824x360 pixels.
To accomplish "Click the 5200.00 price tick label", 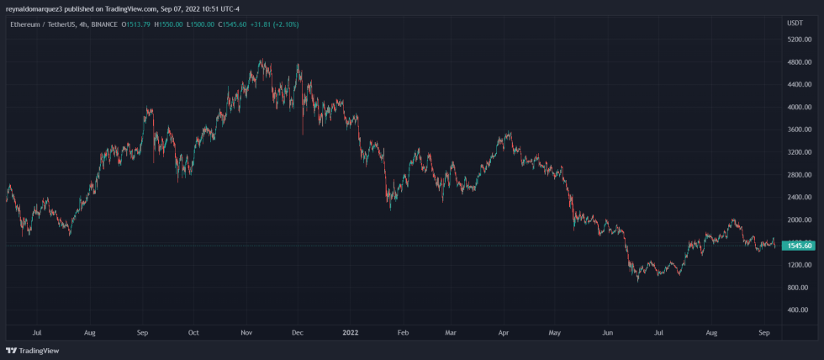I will click(798, 40).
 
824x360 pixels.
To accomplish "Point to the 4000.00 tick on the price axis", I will click(798, 108).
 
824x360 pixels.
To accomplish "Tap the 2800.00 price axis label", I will click(798, 175).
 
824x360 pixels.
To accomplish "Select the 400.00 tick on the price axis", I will click(798, 310).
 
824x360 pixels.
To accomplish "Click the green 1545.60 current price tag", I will click(798, 246).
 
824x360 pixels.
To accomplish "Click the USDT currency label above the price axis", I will click(794, 24).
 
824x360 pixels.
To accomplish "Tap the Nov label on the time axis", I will click(246, 332).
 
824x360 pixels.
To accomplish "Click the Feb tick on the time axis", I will click(403, 332).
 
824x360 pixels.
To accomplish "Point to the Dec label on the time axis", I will click(297, 332).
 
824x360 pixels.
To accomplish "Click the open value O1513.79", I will click(136, 24).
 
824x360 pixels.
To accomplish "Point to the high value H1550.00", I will click(169, 24).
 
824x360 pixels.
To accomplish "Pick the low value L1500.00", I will click(202, 24).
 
